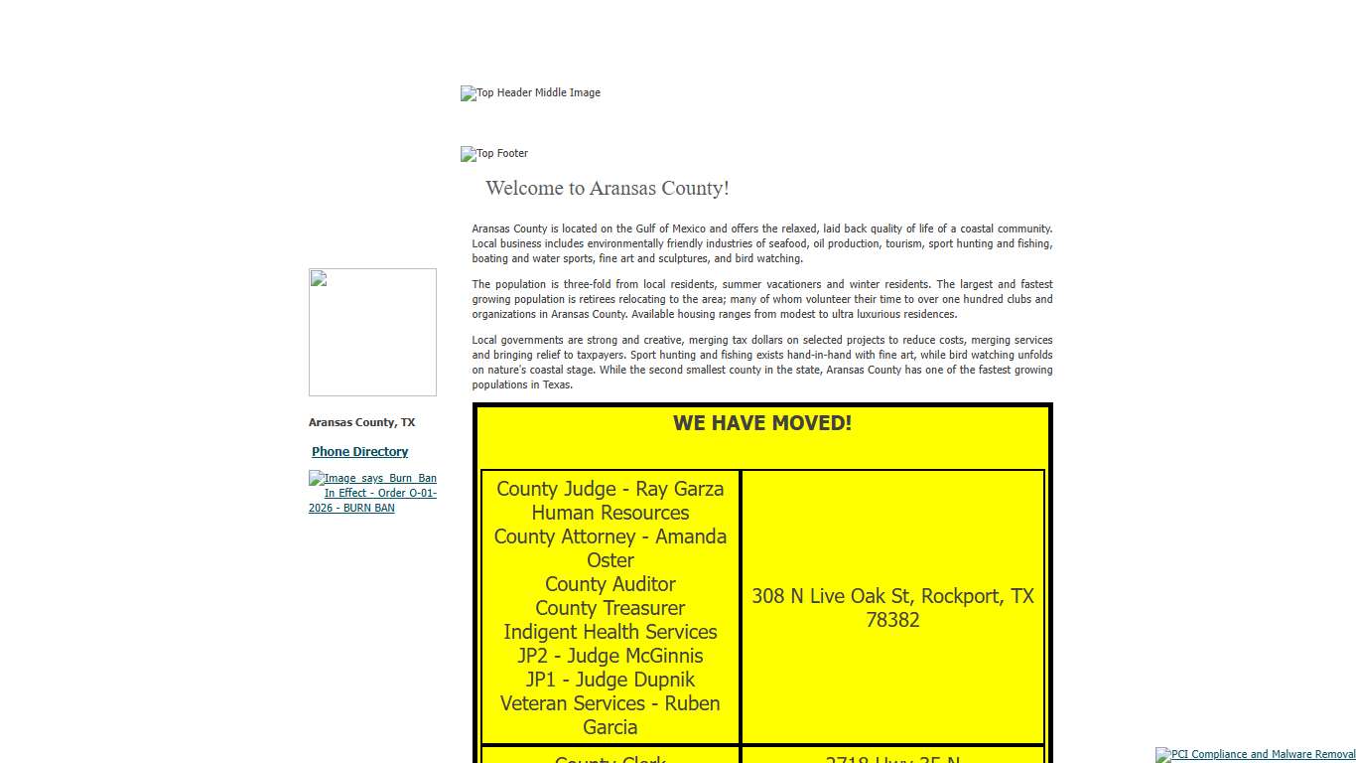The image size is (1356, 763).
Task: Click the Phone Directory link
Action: pos(359,452)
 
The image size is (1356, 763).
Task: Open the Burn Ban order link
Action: pos(372,493)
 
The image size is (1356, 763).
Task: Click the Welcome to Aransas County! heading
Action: pos(607,189)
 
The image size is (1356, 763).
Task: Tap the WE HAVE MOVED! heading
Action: pos(761,423)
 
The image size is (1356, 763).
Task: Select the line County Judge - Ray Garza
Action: pos(610,489)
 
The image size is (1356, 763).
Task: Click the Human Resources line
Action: pos(610,513)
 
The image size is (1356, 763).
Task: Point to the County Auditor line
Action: pos(610,584)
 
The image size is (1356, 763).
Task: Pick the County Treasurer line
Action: pos(610,608)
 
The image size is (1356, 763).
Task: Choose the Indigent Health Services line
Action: pos(610,632)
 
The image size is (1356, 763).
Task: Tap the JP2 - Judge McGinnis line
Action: pos(610,656)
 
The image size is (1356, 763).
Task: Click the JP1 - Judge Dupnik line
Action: pos(610,680)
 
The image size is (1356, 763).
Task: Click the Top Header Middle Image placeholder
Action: pos(531,93)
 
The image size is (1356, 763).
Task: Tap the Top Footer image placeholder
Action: pos(495,154)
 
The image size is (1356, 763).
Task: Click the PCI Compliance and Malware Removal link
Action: pos(1257,755)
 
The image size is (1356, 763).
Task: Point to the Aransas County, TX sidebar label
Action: pos(361,423)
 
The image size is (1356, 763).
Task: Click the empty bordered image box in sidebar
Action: pos(372,332)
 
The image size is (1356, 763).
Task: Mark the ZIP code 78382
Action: pos(891,620)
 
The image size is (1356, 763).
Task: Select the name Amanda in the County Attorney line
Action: pos(691,536)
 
